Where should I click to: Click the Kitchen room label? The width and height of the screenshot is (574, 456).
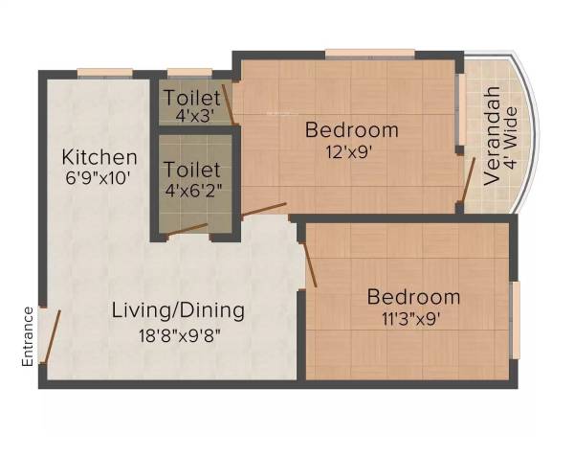point(99,156)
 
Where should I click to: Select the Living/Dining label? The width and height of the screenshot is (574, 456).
point(178,310)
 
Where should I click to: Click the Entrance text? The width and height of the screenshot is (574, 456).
point(28,336)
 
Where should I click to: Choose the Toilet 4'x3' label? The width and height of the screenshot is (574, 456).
point(194,98)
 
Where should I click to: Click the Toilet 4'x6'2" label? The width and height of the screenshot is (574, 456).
point(194,169)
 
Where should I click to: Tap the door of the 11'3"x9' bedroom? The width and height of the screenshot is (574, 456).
point(310,263)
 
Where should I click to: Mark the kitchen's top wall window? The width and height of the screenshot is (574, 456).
point(104,72)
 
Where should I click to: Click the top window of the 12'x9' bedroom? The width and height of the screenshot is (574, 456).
point(369,53)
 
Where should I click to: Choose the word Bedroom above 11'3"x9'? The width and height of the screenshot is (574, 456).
point(413,297)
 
